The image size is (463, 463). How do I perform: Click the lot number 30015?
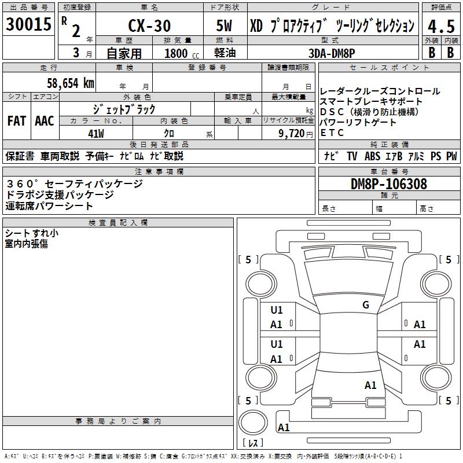click(x=29, y=25)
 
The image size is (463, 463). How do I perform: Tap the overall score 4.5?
click(x=440, y=27)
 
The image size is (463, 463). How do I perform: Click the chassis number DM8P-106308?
click(x=389, y=184)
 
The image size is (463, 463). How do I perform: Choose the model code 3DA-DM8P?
click(x=332, y=52)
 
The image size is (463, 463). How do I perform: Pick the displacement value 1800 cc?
click(x=179, y=53)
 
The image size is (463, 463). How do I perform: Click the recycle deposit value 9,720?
click(x=292, y=133)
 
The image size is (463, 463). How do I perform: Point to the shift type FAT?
click(x=16, y=121)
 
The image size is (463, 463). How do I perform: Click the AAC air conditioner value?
click(x=45, y=121)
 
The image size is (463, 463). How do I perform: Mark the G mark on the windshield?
click(x=365, y=305)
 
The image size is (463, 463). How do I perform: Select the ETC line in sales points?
click(x=332, y=133)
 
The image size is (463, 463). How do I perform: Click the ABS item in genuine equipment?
click(x=372, y=156)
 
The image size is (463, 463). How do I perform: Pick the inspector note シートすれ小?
click(x=31, y=233)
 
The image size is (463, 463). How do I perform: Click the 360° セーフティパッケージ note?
click(x=74, y=183)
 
